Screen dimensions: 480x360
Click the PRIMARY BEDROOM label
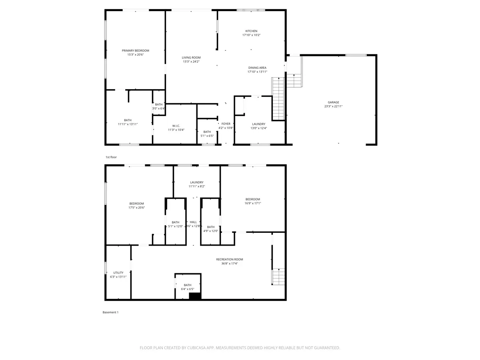pos(135,50)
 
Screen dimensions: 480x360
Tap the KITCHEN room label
pos(251,31)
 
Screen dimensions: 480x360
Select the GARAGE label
pos(333,102)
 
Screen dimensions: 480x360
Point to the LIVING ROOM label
pos(191,58)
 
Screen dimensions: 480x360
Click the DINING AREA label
pos(257,68)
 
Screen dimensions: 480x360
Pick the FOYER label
pos(226,124)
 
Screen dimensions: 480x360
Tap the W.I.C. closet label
pos(176,126)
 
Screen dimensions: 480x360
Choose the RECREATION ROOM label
pos(229,260)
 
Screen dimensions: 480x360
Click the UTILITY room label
pos(118,273)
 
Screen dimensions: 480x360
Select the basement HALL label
pos(193,222)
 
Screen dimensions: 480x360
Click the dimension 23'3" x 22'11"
pos(333,106)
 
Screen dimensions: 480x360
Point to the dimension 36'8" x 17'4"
pos(229,264)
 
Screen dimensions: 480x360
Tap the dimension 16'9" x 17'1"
pos(252,203)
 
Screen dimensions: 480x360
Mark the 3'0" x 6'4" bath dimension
pos(158,108)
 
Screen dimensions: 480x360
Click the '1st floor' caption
pos(111,157)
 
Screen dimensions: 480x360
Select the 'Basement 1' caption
pos(110,312)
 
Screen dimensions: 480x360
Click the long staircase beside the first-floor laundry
pos(278,98)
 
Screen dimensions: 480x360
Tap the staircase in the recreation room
pos(278,277)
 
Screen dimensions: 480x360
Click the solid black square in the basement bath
pos(195,296)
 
